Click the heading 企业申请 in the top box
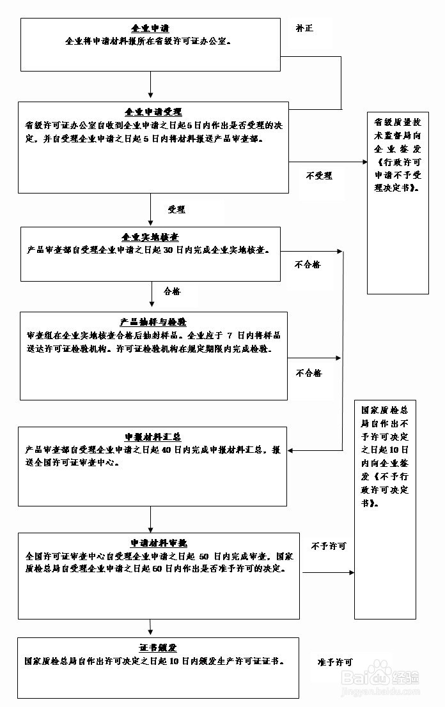tap(150, 29)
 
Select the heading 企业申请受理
tap(153, 112)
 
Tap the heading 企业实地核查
tap(150, 237)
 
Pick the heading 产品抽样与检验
tap(153, 321)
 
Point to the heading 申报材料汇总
tap(153, 437)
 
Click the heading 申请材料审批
tap(159, 543)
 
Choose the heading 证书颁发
tap(158, 648)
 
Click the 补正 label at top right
tap(304, 29)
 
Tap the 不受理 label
tap(319, 176)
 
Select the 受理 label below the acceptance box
tap(176, 209)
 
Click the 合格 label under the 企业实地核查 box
tap(172, 291)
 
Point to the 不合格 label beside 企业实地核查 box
tap(308, 264)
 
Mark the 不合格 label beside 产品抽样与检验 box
tap(309, 373)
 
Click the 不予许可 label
tap(329, 546)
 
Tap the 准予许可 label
tap(335, 662)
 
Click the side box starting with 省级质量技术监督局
tap(398, 203)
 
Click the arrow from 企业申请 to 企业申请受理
tap(151, 85)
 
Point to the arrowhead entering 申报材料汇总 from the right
tap(292, 450)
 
